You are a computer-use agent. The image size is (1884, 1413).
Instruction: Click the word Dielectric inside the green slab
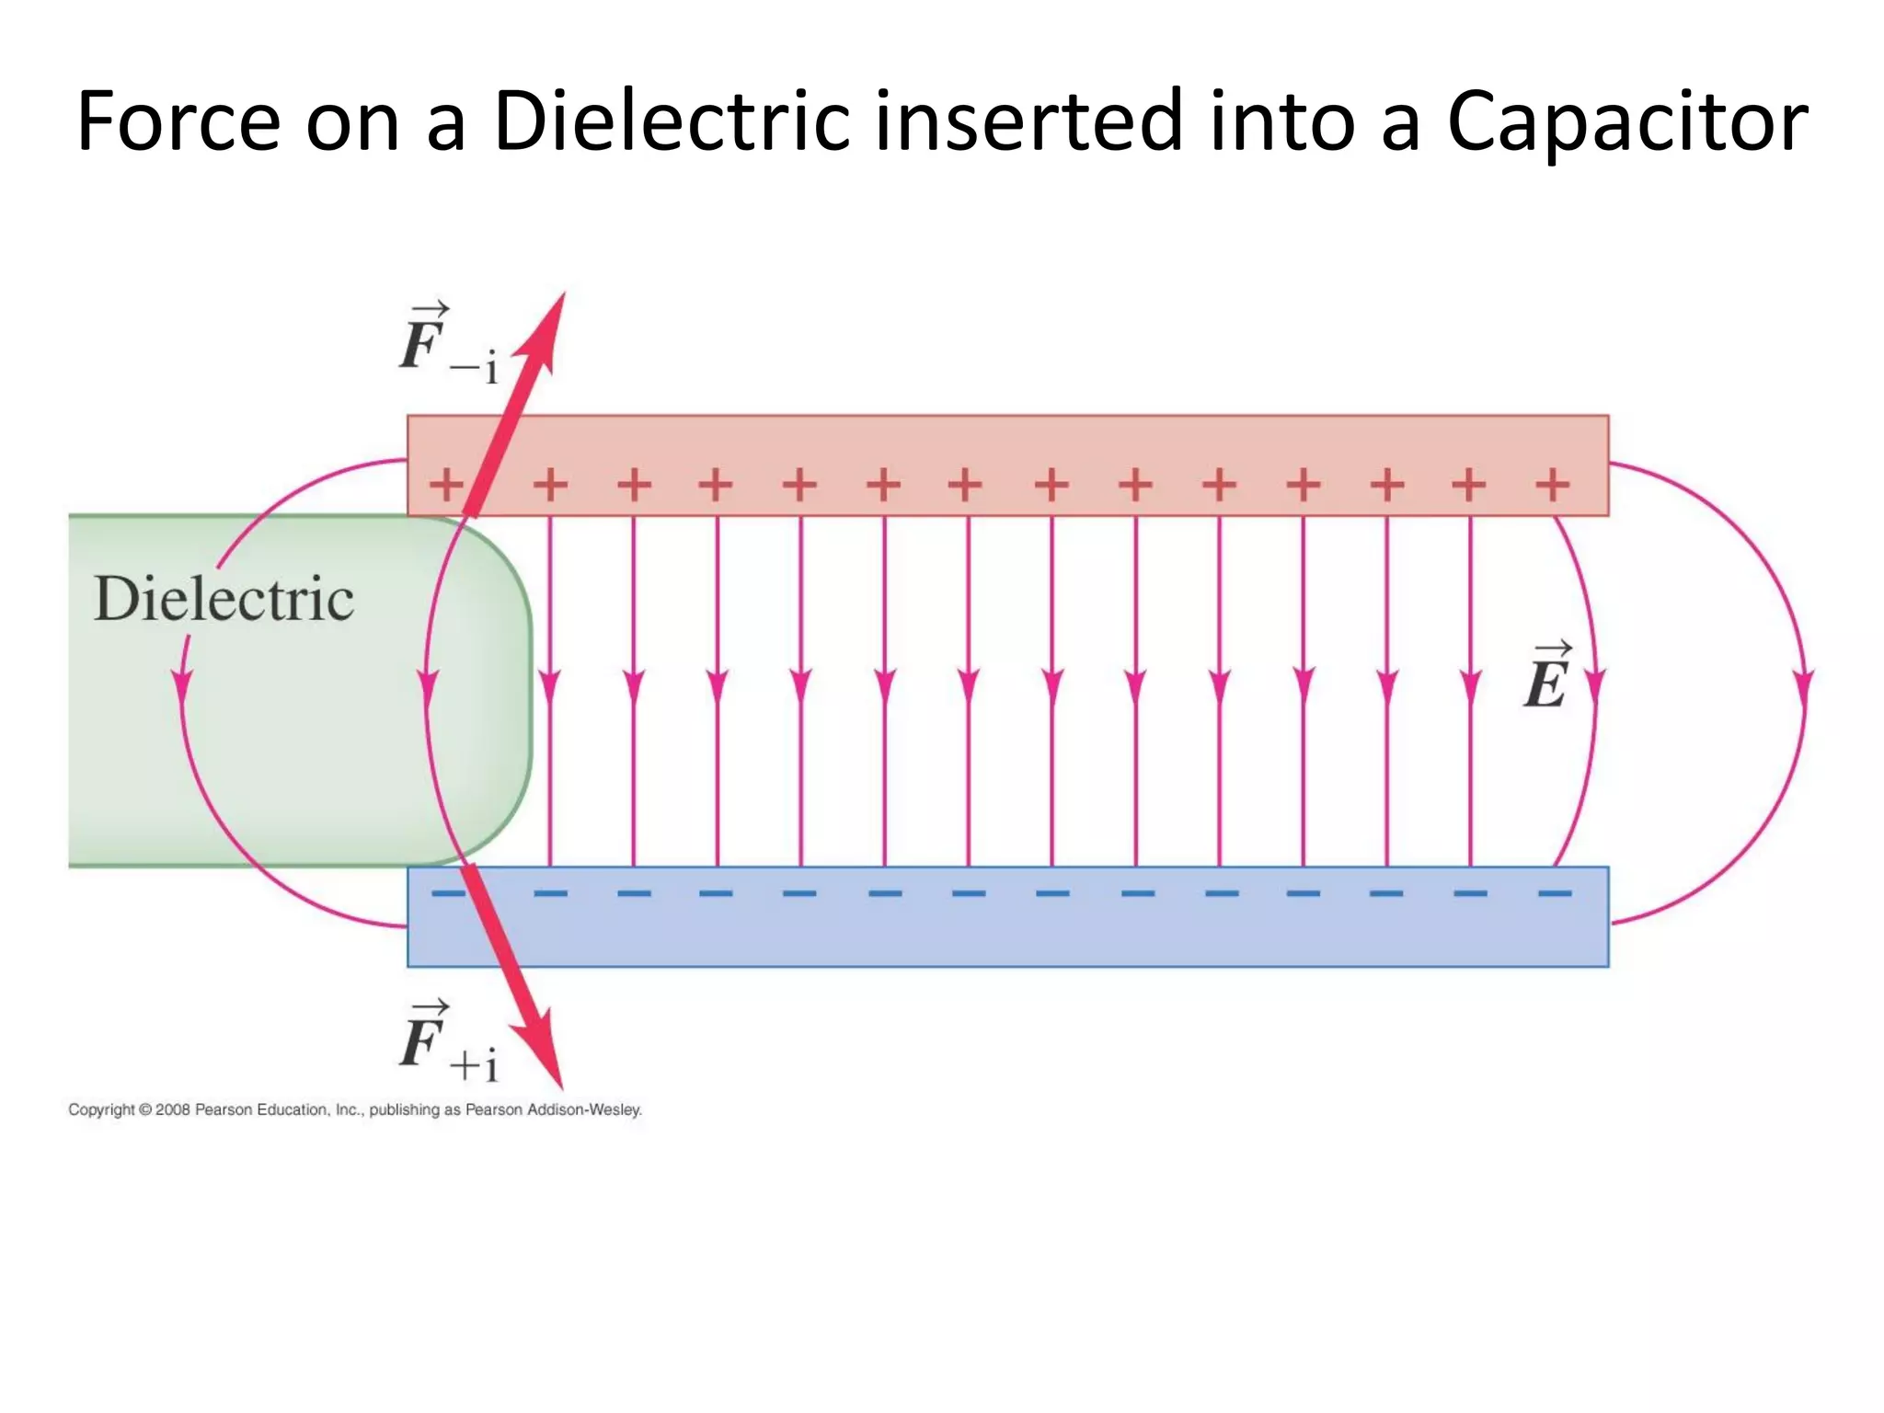224,599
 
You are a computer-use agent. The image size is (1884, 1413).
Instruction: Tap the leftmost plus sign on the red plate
447,484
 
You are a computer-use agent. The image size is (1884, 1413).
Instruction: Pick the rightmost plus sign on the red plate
1553,484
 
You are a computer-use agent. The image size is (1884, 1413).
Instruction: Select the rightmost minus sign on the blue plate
1555,892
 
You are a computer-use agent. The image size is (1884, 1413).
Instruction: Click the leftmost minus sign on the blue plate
448,892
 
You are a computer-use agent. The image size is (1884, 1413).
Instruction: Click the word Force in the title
178,121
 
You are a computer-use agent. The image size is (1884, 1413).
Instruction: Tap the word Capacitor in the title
1626,121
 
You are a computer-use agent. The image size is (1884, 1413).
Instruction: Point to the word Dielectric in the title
672,121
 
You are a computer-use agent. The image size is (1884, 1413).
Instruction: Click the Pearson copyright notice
355,1109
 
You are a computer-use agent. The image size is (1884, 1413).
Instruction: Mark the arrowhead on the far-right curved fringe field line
1804,688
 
